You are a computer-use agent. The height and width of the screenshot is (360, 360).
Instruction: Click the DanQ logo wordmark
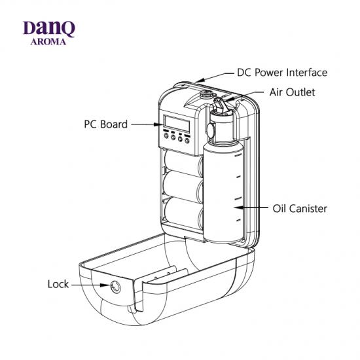(x=49, y=29)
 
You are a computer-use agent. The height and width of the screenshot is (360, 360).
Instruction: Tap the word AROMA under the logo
(x=48, y=42)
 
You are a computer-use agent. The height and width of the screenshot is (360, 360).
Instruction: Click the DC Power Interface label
(x=282, y=73)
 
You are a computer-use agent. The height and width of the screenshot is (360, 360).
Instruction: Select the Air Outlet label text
(x=293, y=92)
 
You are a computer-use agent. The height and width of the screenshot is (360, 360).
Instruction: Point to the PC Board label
(x=106, y=124)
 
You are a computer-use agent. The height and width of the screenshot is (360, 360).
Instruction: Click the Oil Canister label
(x=300, y=208)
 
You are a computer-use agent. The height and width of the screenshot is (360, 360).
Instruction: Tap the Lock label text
(x=58, y=284)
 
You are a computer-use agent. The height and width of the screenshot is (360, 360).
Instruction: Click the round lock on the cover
(x=116, y=287)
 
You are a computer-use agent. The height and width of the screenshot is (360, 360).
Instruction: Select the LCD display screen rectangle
(x=177, y=124)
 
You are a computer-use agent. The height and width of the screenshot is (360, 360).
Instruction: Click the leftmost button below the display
(x=166, y=135)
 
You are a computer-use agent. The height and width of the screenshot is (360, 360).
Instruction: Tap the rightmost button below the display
(x=187, y=141)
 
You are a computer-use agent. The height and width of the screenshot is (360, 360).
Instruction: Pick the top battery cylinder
(x=183, y=163)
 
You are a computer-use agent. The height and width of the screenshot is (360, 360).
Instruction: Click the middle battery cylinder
(x=183, y=187)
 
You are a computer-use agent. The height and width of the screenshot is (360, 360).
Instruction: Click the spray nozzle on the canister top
(x=220, y=105)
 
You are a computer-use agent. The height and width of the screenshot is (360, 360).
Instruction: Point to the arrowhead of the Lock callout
(x=105, y=285)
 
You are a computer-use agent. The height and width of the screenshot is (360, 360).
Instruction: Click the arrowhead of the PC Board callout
(x=158, y=124)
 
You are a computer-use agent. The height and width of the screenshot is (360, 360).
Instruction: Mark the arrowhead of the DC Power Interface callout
(x=200, y=81)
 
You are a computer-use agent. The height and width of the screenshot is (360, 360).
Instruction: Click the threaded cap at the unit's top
(x=207, y=94)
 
